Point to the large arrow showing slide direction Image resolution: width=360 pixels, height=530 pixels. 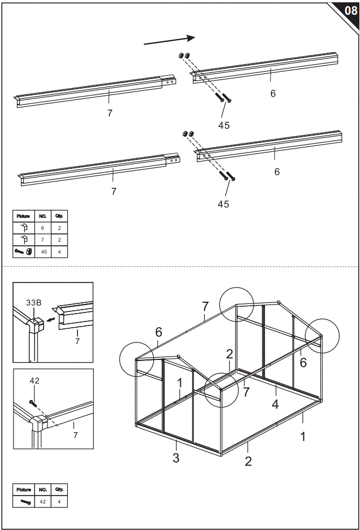click(170, 40)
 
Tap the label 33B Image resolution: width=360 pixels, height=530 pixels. click(33, 303)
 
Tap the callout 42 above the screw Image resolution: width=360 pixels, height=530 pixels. click(34, 381)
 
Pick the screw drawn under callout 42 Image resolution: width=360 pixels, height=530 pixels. click(33, 403)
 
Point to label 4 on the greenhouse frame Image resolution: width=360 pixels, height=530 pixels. click(275, 405)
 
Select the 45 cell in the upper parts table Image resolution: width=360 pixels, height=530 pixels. click(43, 251)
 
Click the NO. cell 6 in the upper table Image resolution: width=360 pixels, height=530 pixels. click(43, 228)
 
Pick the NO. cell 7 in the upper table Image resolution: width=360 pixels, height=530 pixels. click(43, 240)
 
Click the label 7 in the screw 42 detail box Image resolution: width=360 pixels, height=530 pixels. click(75, 435)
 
